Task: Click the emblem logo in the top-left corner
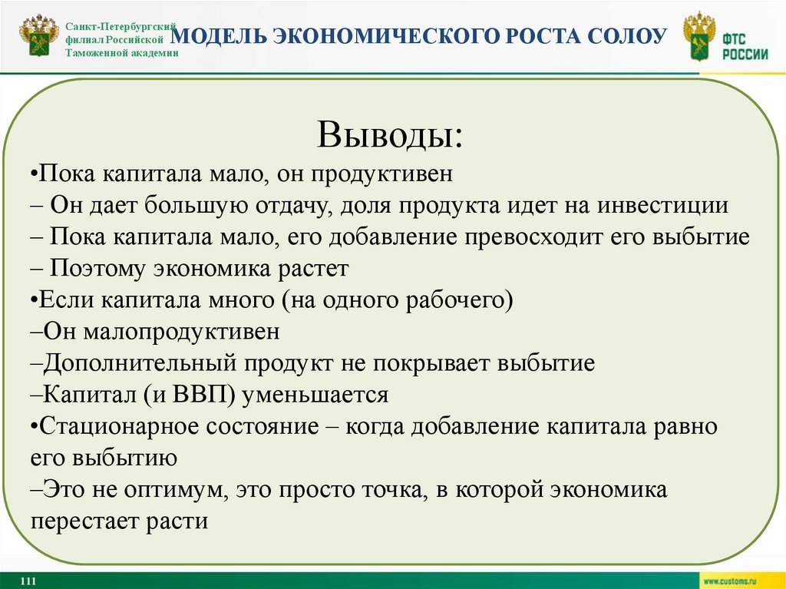[38, 38]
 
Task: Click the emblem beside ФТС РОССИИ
[698, 38]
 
